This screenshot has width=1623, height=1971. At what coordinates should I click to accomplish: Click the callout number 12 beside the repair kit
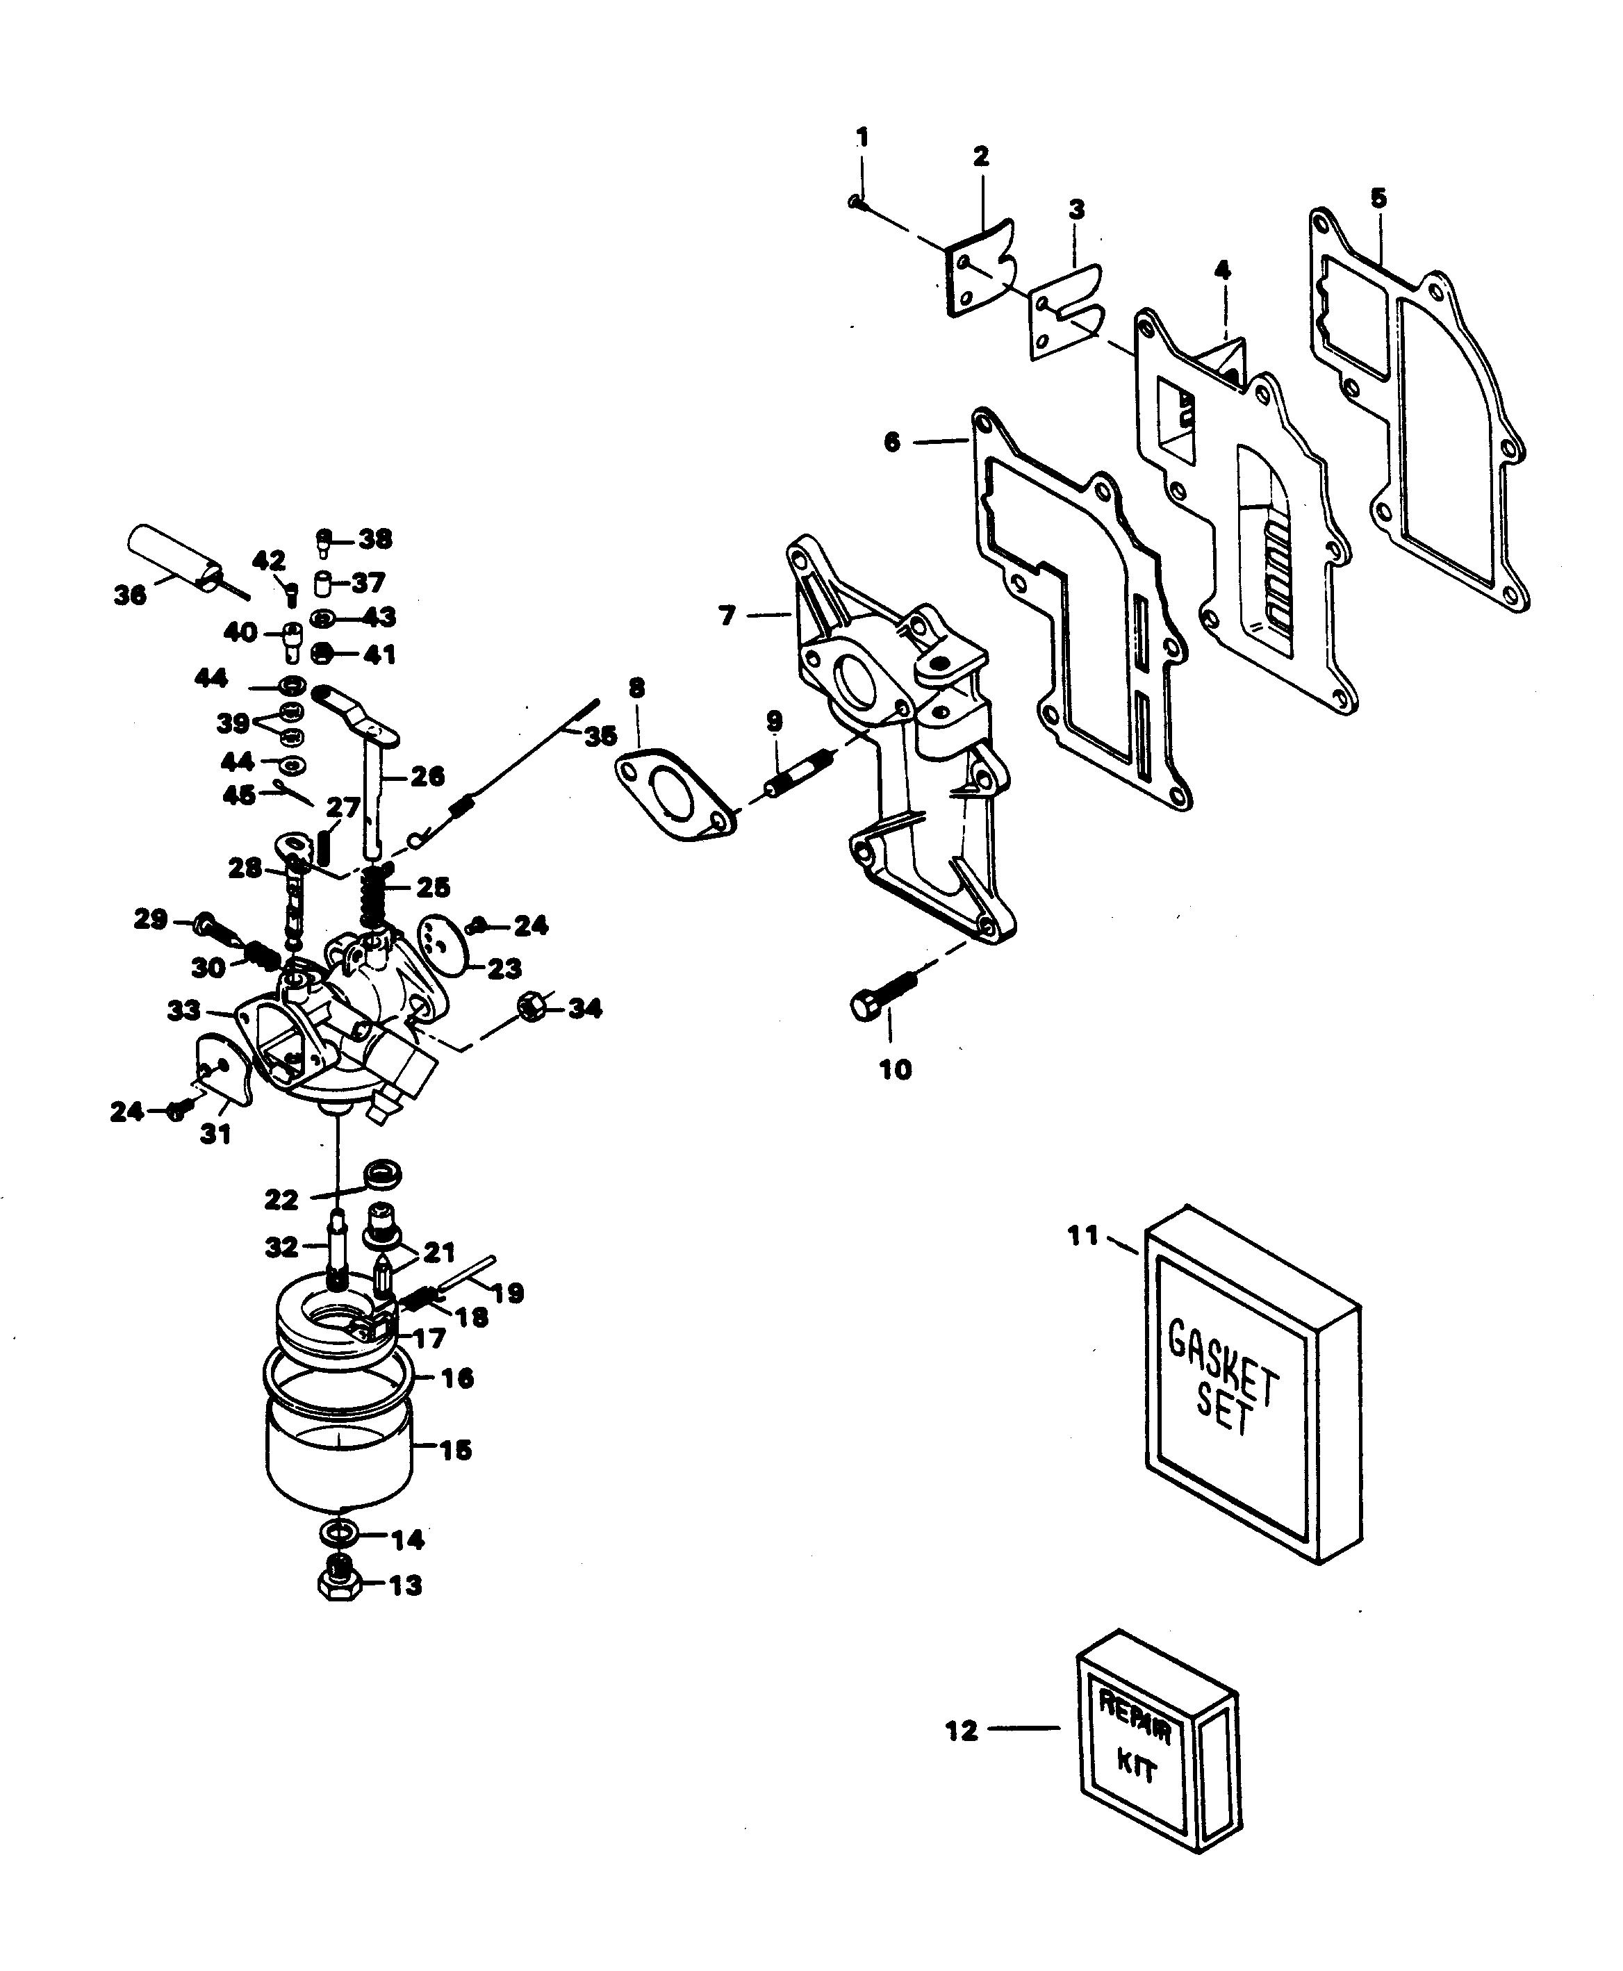coord(961,1731)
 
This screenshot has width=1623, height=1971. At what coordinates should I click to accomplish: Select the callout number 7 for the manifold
coord(727,616)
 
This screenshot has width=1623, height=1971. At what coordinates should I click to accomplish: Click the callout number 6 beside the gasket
coord(892,443)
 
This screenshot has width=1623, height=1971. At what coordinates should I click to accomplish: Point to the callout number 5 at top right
coord(1378,198)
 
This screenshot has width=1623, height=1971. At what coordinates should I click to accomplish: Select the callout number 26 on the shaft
coord(428,776)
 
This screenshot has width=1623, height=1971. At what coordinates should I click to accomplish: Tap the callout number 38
coord(375,540)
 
